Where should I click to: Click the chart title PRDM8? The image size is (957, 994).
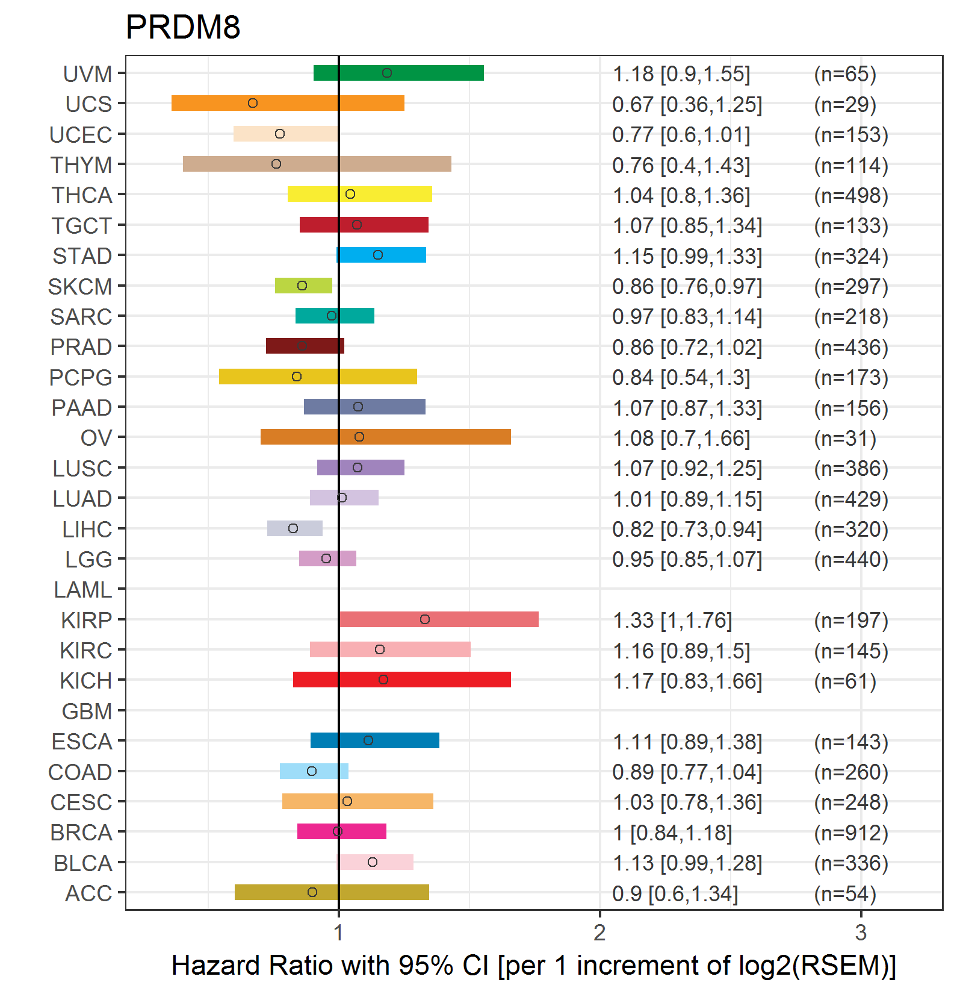coord(183,27)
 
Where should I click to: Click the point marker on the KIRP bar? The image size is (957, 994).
coord(425,619)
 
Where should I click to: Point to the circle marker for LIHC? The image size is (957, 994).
coord(293,528)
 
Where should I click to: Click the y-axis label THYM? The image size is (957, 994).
coord(81,164)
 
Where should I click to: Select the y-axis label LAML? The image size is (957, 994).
coord(83,589)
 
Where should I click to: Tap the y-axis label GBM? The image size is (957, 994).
coord(87,711)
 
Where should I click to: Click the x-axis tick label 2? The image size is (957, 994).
coord(599,933)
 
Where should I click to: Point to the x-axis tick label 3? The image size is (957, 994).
coord(861,933)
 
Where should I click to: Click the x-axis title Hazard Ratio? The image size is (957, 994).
coord(533,965)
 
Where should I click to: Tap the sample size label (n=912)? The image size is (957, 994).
coord(851,833)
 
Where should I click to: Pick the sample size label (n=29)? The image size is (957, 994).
coord(845,104)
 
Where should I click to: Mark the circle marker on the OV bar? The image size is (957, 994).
coord(359,437)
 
